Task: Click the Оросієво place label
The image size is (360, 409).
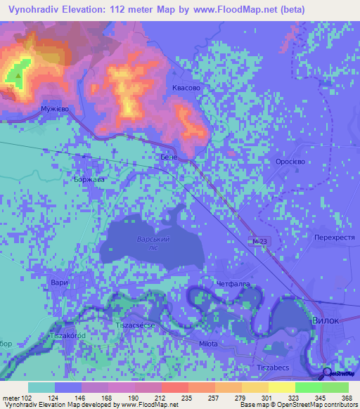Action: click(289, 160)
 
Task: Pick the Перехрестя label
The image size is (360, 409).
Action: click(334, 238)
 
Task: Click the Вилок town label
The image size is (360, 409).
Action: click(325, 320)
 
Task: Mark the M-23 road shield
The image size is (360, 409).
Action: click(260, 241)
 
